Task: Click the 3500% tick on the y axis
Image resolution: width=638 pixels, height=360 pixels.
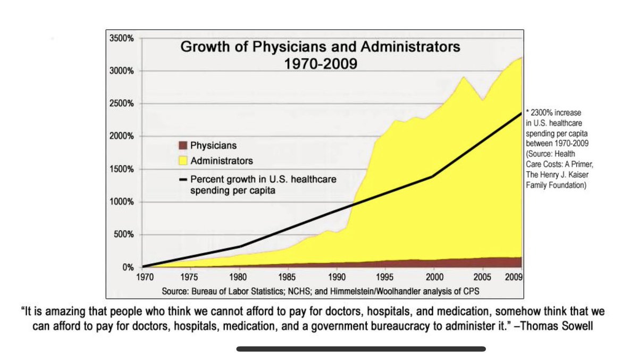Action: [x=121, y=38]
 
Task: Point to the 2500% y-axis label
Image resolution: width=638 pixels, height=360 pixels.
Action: [x=121, y=104]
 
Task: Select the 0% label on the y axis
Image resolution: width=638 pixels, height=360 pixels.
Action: [x=128, y=267]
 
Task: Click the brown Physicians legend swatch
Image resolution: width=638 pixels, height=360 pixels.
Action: [x=182, y=145]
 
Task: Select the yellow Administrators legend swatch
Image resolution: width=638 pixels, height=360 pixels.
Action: [x=182, y=160]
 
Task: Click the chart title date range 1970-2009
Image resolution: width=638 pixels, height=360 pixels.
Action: [x=321, y=62]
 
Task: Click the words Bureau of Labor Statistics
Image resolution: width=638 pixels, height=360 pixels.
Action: [x=242, y=292]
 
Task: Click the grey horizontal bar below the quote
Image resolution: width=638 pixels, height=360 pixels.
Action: [x=361, y=349]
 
